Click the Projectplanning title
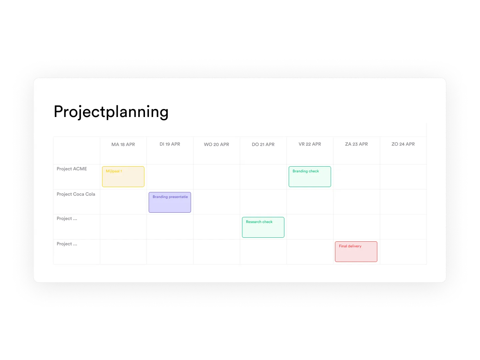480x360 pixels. (x=111, y=112)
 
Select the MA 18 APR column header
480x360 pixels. (x=123, y=144)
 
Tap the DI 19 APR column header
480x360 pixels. (x=170, y=144)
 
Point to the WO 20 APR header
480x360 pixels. (x=216, y=144)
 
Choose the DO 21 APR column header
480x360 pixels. (x=263, y=144)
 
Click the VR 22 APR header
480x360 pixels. (x=310, y=144)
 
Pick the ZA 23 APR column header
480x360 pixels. (x=356, y=144)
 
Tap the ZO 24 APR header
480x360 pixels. (x=403, y=144)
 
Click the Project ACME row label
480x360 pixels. (x=72, y=169)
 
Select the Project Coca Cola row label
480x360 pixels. (x=76, y=194)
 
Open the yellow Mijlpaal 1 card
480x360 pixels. (x=123, y=177)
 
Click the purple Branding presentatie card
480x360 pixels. (x=170, y=202)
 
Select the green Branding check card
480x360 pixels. (x=310, y=177)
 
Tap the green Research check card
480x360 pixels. (x=263, y=227)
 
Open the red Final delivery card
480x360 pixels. (x=356, y=252)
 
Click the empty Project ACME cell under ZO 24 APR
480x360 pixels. (x=403, y=177)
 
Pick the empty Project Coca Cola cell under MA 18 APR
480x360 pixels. (x=123, y=202)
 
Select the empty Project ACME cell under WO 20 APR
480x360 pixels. (x=217, y=177)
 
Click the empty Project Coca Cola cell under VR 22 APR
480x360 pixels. (x=310, y=202)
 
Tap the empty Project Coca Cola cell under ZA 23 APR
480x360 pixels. (x=357, y=202)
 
